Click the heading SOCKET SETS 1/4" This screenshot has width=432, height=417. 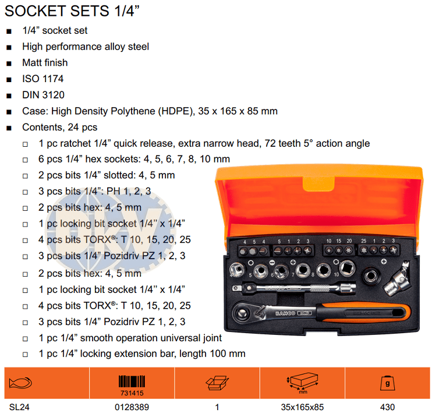coord(72,11)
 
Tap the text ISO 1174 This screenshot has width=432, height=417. coord(43,79)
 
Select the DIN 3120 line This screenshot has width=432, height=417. coord(43,95)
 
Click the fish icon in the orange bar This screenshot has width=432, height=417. coord(20,383)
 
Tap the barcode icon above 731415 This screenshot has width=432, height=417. coord(132,381)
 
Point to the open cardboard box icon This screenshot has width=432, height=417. coord(217,383)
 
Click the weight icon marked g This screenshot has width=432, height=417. coord(387,383)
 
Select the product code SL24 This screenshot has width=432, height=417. coord(19,407)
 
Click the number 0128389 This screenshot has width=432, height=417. coord(132,407)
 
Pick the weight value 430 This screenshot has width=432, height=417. coord(387,407)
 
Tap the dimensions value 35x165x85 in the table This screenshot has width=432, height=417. coord(302,407)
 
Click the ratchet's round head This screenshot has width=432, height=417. coord(242,313)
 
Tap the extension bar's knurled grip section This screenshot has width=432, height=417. coord(320,288)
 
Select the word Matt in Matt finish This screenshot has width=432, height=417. coord(31,63)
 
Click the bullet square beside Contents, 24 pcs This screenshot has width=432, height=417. coord(9,128)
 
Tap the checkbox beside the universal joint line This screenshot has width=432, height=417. coord(25,339)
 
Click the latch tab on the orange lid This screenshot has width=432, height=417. coord(318,184)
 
